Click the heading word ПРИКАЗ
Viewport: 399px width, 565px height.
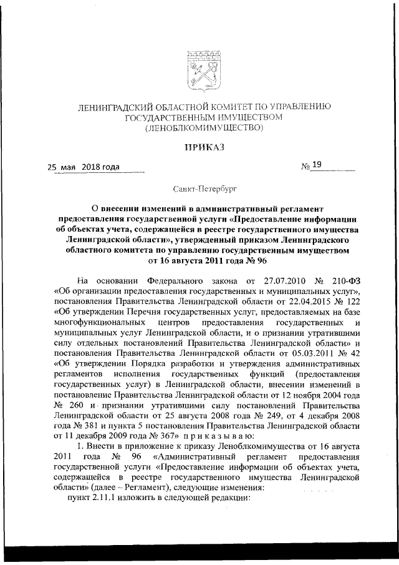click(199, 147)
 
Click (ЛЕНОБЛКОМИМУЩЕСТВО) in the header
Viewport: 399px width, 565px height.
click(199, 128)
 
